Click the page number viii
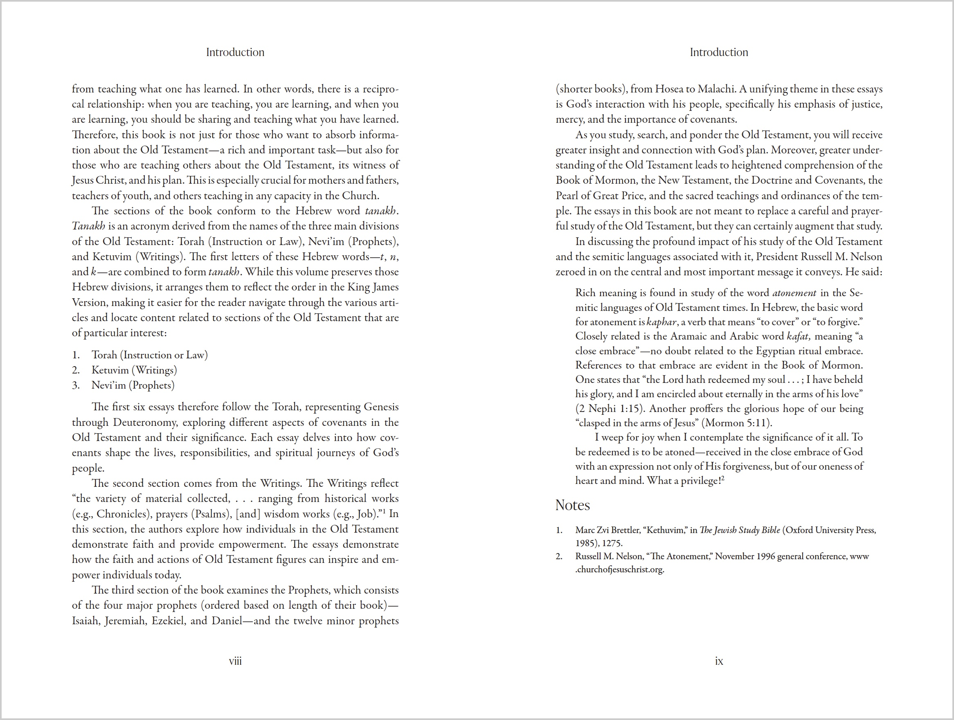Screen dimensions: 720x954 (235, 661)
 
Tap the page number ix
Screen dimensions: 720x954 (718, 661)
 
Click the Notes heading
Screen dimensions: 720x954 (572, 505)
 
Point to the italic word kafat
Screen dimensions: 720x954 (798, 336)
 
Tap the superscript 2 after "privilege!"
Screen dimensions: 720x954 (723, 478)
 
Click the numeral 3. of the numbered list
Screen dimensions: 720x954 (76, 385)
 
